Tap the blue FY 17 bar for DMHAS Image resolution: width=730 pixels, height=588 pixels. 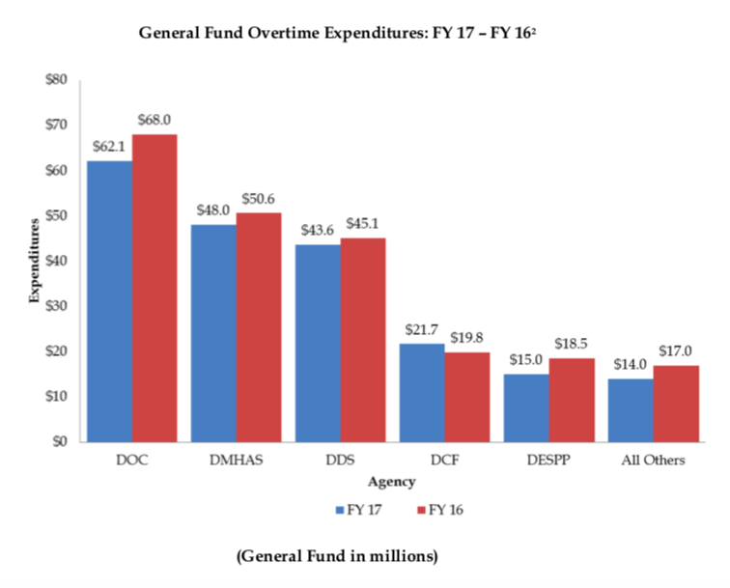pyautogui.click(x=213, y=333)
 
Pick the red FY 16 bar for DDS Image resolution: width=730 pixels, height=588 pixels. pyautogui.click(x=363, y=340)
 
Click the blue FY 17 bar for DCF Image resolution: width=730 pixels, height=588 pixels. pyautogui.click(x=422, y=393)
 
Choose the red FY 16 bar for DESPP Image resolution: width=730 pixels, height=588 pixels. pyautogui.click(x=572, y=400)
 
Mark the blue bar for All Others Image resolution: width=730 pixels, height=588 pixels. pyautogui.click(x=630, y=410)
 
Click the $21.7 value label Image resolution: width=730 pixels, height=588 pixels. pyautogui.click(x=421, y=330)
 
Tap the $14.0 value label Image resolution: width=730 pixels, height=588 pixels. pyautogui.click(x=630, y=365)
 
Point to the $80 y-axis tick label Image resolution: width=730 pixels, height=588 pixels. pyautogui.click(x=55, y=79)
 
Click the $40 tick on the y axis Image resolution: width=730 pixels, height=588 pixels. pyautogui.click(x=55, y=261)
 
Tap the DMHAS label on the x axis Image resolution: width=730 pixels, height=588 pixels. pyautogui.click(x=236, y=461)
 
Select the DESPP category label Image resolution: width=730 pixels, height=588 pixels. pyautogui.click(x=548, y=461)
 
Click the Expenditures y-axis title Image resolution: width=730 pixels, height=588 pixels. pyautogui.click(x=34, y=261)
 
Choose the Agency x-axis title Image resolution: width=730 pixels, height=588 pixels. pyautogui.click(x=391, y=480)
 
